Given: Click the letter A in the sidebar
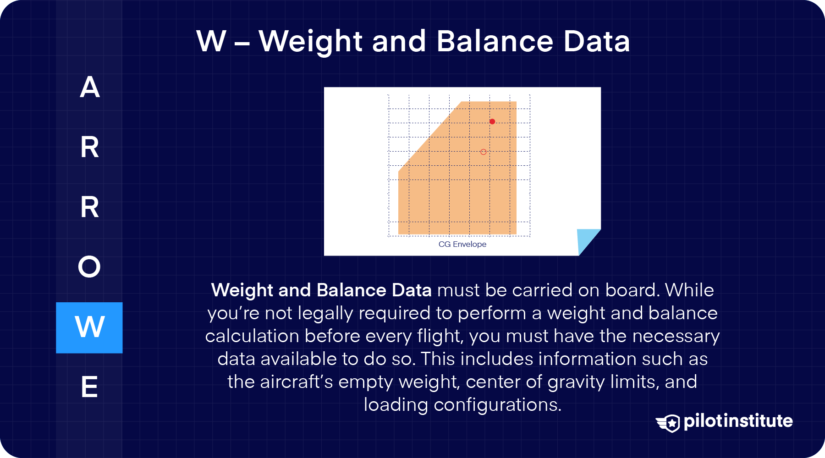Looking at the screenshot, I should click(x=90, y=87).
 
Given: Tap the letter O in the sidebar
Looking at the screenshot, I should click(x=89, y=267).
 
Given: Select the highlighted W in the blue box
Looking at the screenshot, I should click(x=89, y=327).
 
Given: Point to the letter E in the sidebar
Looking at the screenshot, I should click(x=89, y=387).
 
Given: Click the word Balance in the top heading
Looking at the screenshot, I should click(x=495, y=41).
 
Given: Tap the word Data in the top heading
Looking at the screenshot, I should click(x=597, y=41).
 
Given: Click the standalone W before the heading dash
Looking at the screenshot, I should click(x=211, y=41).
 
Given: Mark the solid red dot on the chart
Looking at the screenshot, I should click(x=492, y=121).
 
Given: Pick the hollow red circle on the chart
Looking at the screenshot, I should click(x=483, y=152).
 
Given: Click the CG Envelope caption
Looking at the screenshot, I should click(x=462, y=244).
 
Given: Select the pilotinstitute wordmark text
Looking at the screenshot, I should click(x=738, y=421).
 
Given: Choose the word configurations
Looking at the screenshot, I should click(x=497, y=405).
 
